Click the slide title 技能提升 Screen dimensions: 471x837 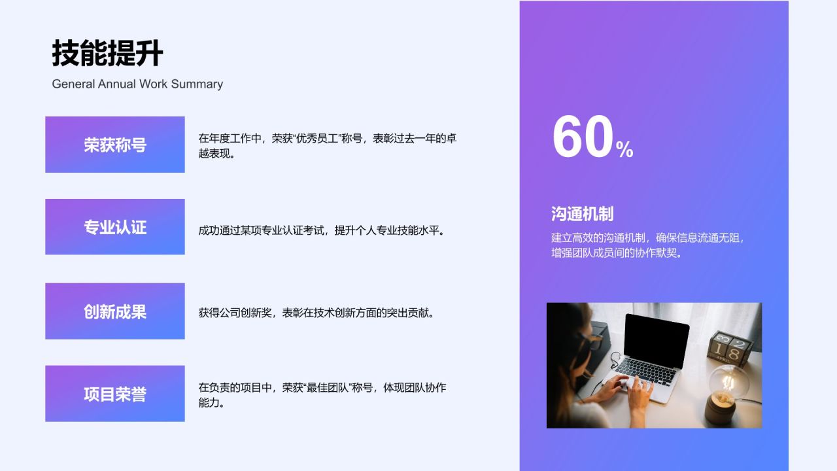coord(107,54)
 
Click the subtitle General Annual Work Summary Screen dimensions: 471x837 coord(137,84)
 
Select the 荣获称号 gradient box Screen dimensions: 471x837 coord(115,145)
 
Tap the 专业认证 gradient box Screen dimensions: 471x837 coord(115,227)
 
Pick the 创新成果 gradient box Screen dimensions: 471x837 coord(115,311)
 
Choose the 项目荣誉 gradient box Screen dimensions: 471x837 coord(115,394)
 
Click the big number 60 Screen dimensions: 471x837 coord(583,138)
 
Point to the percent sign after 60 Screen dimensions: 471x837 coord(624,150)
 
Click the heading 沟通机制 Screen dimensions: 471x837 coord(582,214)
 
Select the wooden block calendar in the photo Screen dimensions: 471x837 coord(731,347)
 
